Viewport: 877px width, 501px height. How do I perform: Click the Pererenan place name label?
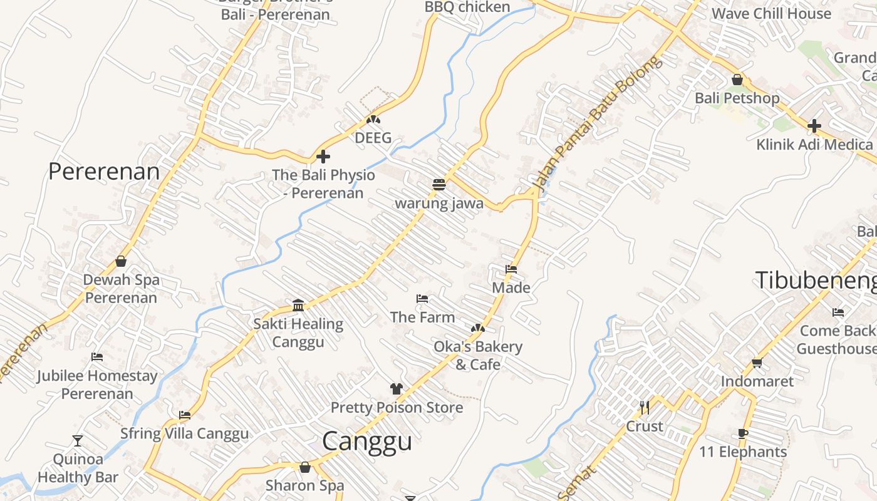click(x=104, y=172)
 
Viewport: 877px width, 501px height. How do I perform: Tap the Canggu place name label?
click(x=367, y=442)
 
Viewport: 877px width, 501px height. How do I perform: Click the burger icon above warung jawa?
click(x=438, y=185)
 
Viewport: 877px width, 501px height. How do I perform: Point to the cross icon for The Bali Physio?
click(x=323, y=157)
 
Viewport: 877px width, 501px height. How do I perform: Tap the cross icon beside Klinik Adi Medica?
click(x=814, y=126)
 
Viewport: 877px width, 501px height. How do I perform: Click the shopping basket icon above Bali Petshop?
click(x=737, y=80)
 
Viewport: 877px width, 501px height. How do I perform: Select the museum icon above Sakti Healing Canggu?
click(x=298, y=305)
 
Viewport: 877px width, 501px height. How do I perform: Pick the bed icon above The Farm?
click(x=422, y=299)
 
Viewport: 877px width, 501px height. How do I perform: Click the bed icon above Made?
click(x=511, y=269)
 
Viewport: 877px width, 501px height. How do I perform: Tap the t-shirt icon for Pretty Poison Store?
click(x=396, y=389)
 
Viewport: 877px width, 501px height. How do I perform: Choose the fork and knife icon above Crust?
click(x=644, y=408)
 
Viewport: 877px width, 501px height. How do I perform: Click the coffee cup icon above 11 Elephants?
click(x=743, y=433)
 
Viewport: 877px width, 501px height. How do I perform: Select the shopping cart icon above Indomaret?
click(x=757, y=363)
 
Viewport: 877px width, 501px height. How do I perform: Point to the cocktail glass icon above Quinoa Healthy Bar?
click(x=77, y=441)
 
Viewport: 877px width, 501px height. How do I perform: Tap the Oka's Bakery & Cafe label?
click(x=478, y=356)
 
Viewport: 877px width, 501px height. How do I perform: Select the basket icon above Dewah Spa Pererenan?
click(x=121, y=261)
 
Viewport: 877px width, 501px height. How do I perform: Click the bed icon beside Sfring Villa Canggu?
click(x=184, y=415)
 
